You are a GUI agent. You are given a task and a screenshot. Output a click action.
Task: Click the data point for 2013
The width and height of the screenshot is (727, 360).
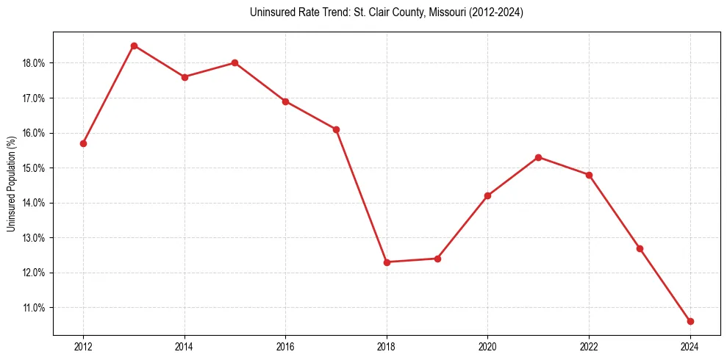coord(134,46)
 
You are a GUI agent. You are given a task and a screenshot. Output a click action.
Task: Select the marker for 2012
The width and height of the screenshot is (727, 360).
coord(83,143)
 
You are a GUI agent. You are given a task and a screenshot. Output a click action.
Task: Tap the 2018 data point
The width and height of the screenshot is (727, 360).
coord(387,262)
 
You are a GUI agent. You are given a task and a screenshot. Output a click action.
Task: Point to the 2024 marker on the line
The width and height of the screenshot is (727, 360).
coord(690,321)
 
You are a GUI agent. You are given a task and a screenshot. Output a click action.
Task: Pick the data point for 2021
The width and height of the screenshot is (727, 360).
coord(539,157)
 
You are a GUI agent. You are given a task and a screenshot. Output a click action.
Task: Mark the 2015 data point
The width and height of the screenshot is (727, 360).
coord(235,62)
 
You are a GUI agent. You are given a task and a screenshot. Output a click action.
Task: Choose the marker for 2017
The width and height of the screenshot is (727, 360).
coord(336,129)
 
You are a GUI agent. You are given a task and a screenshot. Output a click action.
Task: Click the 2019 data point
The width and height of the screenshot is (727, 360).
coord(437,259)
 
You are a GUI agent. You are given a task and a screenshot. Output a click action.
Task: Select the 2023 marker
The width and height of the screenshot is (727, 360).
coord(640,248)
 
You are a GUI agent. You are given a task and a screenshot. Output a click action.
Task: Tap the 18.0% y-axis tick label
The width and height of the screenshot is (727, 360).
coord(35,63)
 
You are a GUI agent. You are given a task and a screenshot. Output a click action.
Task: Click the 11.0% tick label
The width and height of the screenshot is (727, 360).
coord(35,308)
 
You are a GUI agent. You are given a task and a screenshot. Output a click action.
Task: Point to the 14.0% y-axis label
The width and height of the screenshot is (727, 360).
coord(35,203)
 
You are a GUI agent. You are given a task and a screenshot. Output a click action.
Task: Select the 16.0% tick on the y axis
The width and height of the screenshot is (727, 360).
coord(35,133)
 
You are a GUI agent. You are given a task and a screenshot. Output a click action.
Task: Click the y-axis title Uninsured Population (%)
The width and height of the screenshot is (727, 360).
coord(11,184)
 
